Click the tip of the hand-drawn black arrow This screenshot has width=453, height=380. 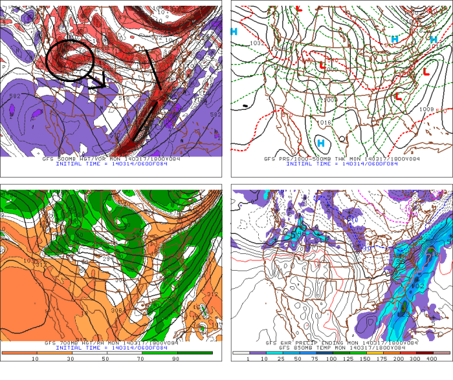click(x=104, y=85)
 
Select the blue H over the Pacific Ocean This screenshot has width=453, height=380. click(x=234, y=31)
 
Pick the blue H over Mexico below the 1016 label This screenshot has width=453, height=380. click(x=320, y=142)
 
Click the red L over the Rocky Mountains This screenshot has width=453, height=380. click(x=321, y=65)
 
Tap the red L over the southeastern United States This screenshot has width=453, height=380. click(x=399, y=96)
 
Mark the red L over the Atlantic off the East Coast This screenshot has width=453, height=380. click(x=426, y=71)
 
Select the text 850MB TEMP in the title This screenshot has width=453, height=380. click(x=313, y=347)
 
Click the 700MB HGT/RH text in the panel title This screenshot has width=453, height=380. click(x=74, y=342)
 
